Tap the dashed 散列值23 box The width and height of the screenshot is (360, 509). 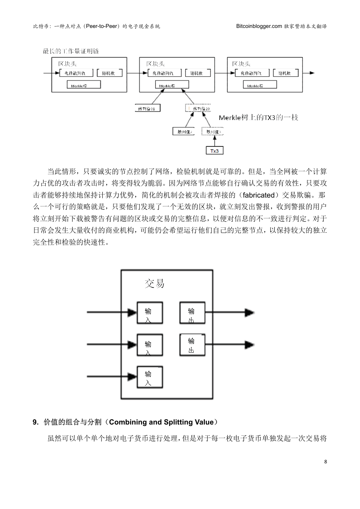(198, 108)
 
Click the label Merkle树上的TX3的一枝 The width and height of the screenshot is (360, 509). (258, 118)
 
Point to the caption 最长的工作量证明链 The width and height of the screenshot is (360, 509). (71, 51)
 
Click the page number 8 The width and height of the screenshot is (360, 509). (325, 462)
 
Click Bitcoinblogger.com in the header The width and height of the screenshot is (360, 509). (259, 26)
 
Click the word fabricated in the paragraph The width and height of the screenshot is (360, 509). (259, 195)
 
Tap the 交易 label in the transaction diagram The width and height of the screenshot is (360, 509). (154, 284)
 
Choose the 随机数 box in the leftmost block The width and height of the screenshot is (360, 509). (109, 73)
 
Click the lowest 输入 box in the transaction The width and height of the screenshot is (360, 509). (149, 377)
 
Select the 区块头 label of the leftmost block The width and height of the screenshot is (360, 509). (67, 64)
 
